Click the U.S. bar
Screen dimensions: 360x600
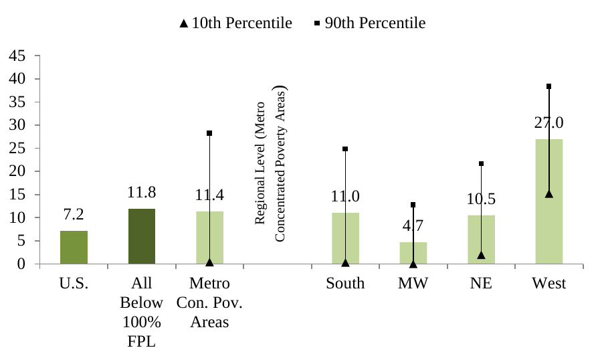point(74,248)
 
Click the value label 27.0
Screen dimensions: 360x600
point(548,123)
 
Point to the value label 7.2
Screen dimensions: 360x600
point(74,215)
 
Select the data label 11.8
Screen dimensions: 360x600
point(142,193)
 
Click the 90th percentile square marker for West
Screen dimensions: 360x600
point(548,86)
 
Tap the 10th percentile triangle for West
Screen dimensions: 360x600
point(548,194)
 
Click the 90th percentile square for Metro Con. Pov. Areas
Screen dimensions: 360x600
point(209,133)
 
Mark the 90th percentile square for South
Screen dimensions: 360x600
point(345,149)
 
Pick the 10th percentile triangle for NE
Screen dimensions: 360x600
point(481,255)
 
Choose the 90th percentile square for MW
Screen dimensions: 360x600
point(413,205)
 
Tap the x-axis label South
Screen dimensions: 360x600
point(345,284)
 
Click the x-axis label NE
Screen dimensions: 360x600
point(481,284)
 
